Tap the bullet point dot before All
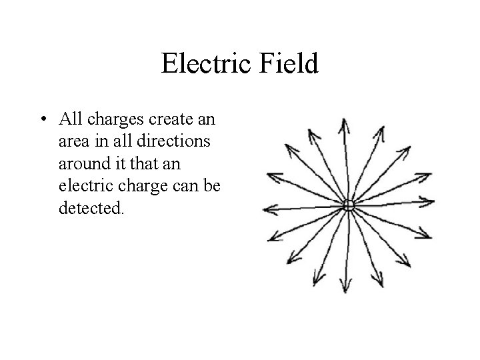click(42, 120)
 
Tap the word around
click(81, 163)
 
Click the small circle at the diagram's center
click(347, 206)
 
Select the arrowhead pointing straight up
click(343, 125)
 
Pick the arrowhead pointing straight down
click(345, 288)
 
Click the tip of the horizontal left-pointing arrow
click(265, 209)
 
